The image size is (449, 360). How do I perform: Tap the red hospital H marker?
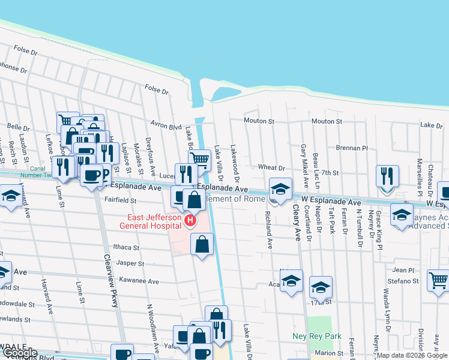[x=190, y=221]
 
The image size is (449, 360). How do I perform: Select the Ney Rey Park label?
[x=317, y=336]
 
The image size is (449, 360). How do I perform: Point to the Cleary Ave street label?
[x=296, y=221]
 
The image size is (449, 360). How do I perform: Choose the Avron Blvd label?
[x=166, y=127]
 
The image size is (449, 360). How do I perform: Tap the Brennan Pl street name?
[x=352, y=148]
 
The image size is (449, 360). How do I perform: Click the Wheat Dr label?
[x=271, y=167]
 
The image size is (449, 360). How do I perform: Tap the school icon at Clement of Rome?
[x=280, y=189]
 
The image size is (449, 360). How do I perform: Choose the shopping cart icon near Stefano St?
[x=438, y=280]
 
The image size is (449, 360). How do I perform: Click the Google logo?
[x=19, y=353]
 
